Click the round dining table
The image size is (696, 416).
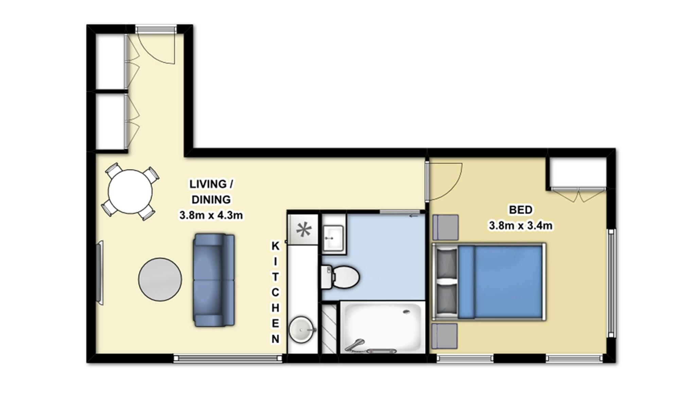(130, 192)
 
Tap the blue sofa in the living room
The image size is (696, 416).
(214, 280)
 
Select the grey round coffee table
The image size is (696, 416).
(160, 279)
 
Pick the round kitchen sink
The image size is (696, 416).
(301, 329)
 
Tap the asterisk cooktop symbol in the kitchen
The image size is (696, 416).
(303, 230)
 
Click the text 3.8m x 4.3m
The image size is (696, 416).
(211, 215)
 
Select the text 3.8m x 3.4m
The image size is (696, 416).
(520, 225)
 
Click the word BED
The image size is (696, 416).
(520, 210)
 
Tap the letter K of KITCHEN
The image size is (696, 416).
(275, 246)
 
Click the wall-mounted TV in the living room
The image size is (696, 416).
(100, 273)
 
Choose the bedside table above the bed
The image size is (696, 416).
(445, 227)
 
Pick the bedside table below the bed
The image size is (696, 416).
(445, 336)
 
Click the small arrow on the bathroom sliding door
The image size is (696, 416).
(413, 216)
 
